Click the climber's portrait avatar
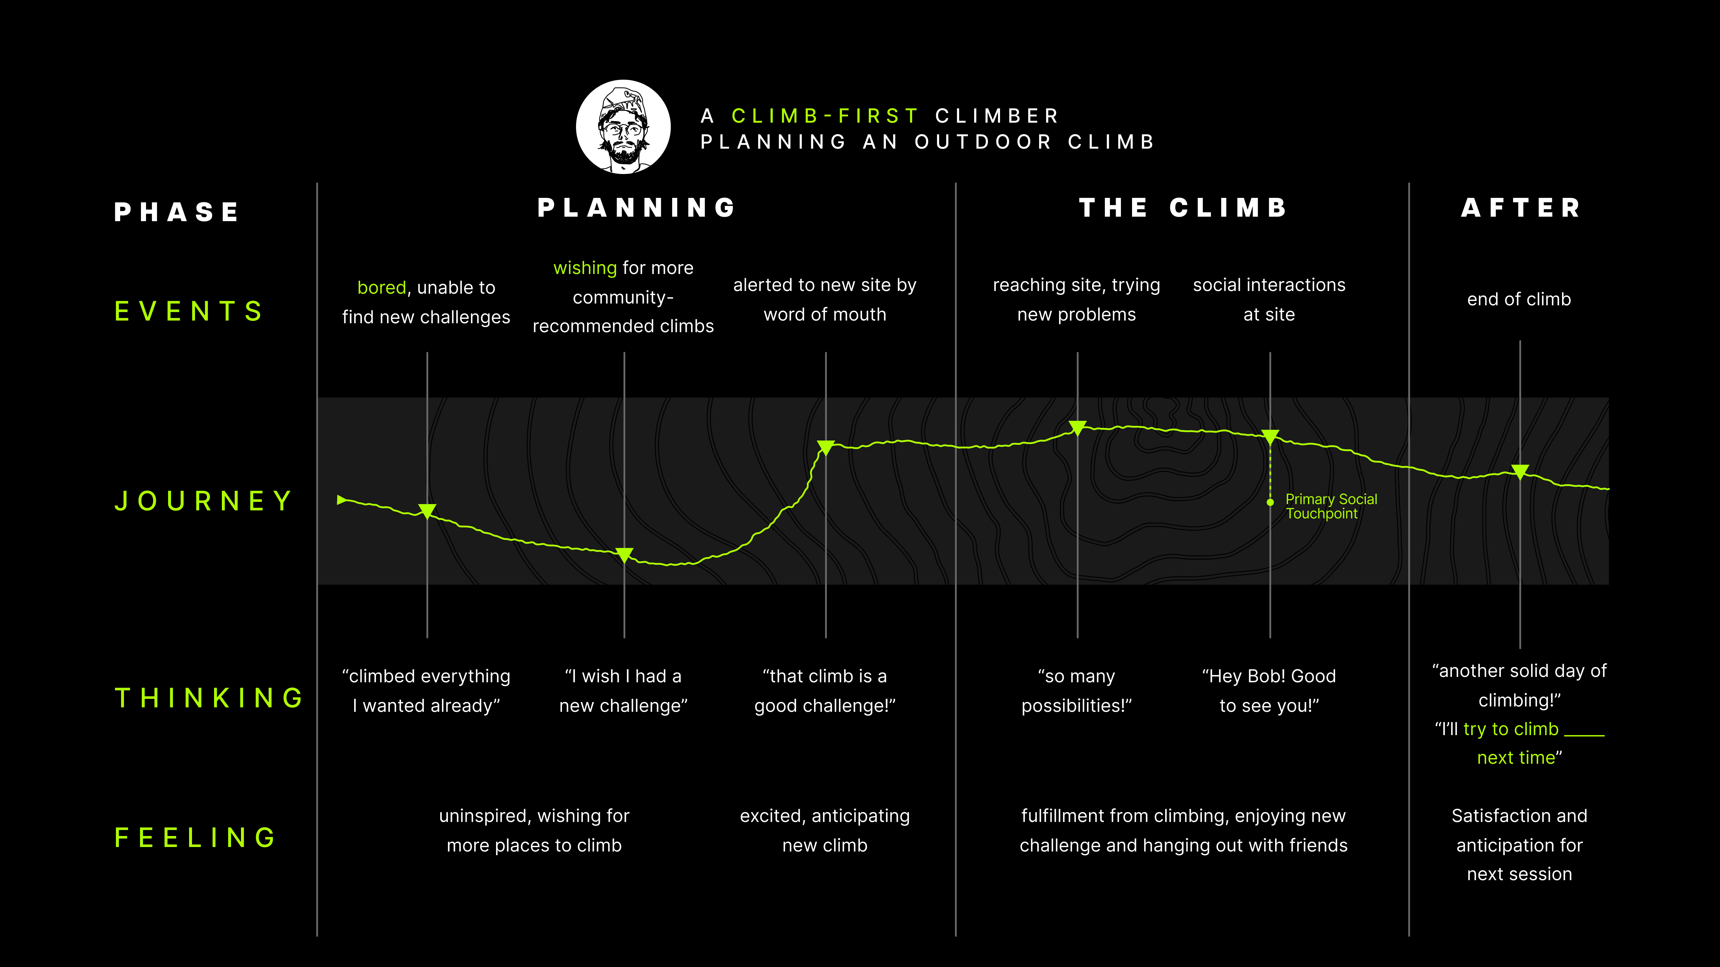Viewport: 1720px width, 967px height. (623, 127)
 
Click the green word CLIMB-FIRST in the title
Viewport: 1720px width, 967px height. (825, 116)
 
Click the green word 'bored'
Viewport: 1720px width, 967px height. (381, 288)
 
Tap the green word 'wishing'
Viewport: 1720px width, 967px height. (585, 268)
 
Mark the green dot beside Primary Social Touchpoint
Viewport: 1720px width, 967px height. (1270, 502)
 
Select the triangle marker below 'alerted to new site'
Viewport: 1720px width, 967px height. (826, 447)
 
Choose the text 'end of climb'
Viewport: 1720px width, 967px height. (1519, 299)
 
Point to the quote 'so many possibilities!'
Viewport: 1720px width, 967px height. (1076, 691)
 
